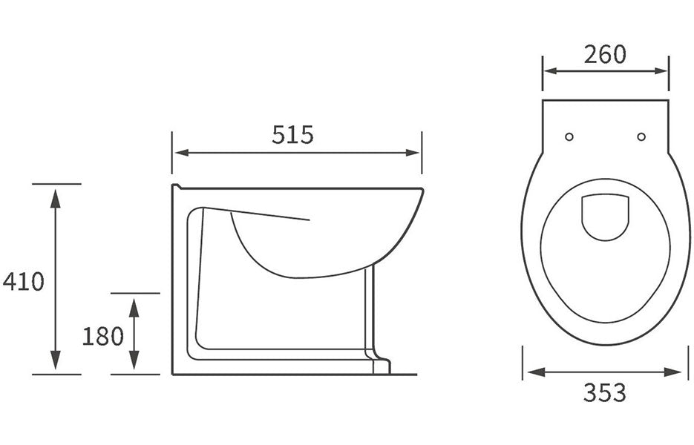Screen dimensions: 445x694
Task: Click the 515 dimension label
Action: [292, 135]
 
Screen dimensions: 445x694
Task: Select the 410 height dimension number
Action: [24, 282]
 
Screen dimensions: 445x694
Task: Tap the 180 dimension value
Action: [102, 336]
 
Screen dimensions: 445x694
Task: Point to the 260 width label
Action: [604, 54]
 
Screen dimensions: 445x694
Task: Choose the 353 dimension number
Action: [603, 392]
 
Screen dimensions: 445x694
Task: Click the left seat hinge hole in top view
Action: [569, 136]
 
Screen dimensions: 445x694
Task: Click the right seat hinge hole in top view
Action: [641, 136]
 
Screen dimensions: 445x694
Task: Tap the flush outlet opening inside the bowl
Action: [605, 216]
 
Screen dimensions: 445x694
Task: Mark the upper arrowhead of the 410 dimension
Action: [55, 194]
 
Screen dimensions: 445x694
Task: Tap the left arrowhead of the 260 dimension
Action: [550, 71]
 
